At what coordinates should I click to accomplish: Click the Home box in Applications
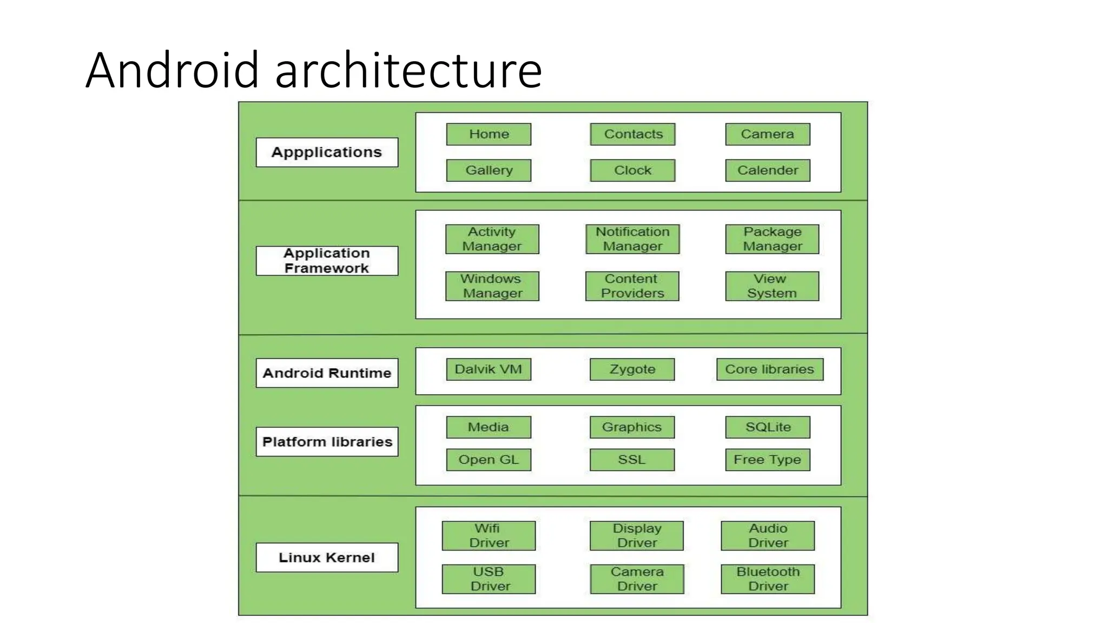(x=489, y=134)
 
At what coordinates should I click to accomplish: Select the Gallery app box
(x=489, y=170)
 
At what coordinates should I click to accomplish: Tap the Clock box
(x=632, y=170)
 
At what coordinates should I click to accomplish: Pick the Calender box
(x=768, y=170)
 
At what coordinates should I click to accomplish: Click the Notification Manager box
(x=632, y=239)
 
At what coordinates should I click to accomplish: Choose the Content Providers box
(x=632, y=286)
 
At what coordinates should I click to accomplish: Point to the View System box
(x=772, y=286)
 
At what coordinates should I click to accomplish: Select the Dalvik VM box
(x=489, y=369)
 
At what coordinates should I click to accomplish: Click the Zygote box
(x=632, y=369)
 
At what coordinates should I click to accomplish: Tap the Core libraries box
(x=770, y=369)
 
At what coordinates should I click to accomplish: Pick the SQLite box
(x=768, y=427)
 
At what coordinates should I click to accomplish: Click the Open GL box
(x=489, y=460)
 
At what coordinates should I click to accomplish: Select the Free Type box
(x=768, y=460)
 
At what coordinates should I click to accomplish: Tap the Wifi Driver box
(x=489, y=535)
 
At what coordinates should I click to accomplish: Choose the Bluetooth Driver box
(x=768, y=579)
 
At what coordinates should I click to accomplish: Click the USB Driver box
(x=489, y=579)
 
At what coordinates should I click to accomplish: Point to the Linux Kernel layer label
(x=327, y=558)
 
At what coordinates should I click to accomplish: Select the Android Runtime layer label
(x=327, y=373)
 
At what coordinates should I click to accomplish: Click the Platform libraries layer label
(x=327, y=442)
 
